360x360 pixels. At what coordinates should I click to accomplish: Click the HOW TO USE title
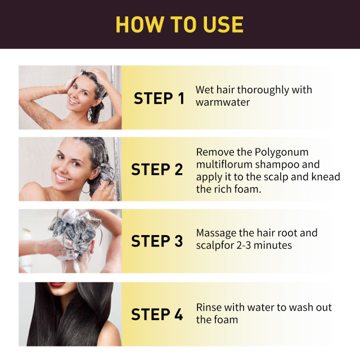179,24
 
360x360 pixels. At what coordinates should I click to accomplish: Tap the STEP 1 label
159,98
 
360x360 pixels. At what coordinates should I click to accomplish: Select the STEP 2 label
157,169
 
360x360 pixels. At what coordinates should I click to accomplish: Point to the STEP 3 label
157,241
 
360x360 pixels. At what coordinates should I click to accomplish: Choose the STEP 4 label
157,314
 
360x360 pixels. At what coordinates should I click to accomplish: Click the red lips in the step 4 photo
58,285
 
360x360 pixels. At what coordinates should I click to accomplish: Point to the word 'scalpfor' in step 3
217,245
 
